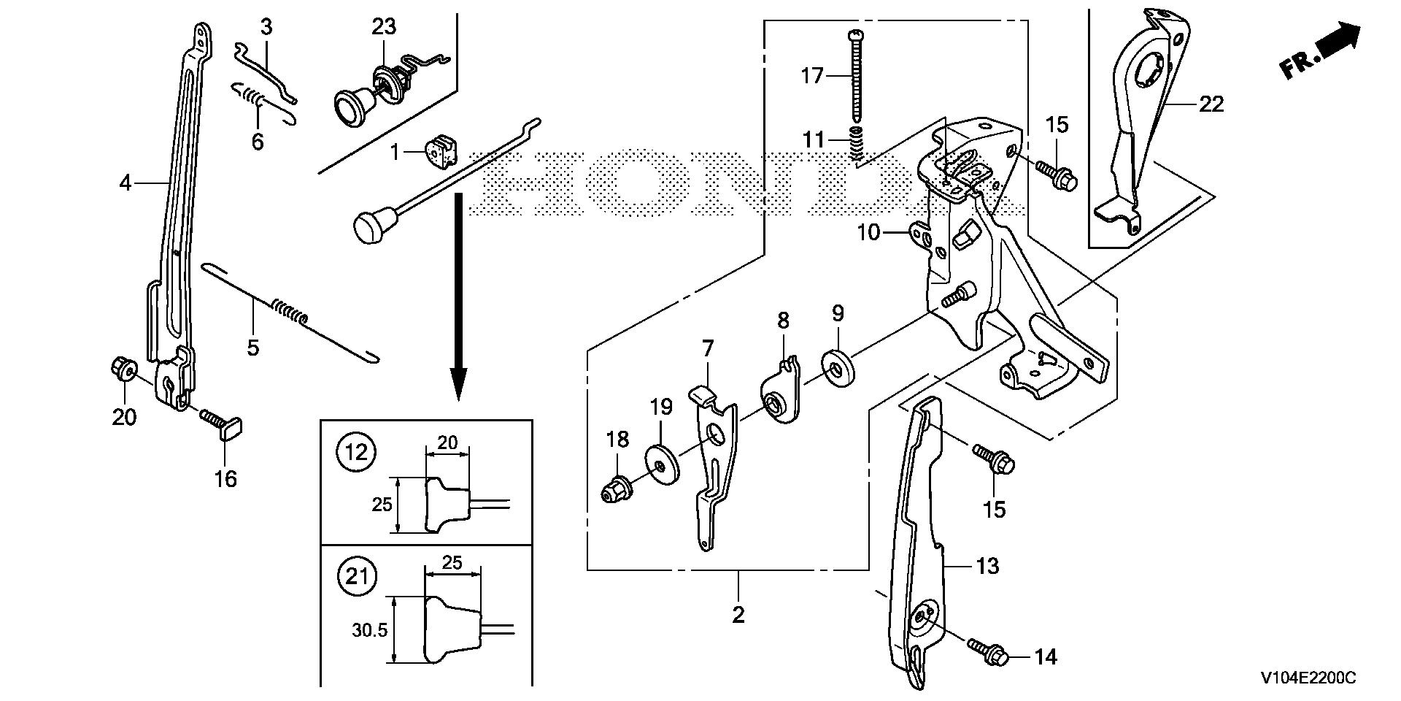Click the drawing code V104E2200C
click(1308, 678)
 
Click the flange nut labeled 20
click(123, 369)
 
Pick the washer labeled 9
click(838, 366)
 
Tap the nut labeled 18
click(615, 490)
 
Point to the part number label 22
click(1211, 104)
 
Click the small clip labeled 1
click(440, 153)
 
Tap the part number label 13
click(987, 566)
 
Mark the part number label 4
click(126, 183)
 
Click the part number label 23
click(384, 27)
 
